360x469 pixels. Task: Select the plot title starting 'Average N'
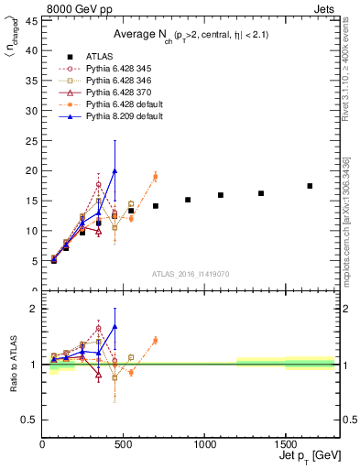pos(190,34)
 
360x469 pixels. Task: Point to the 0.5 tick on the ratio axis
pos(29,420)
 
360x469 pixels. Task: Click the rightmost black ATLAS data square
pos(310,186)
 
